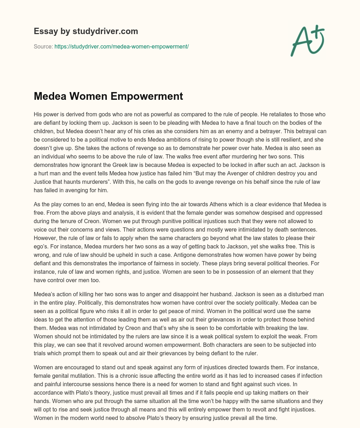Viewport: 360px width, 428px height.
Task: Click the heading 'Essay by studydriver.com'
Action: (x=86, y=31)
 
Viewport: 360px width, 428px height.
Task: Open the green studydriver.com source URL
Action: (x=122, y=46)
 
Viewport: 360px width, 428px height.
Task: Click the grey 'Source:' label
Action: (x=43, y=46)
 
